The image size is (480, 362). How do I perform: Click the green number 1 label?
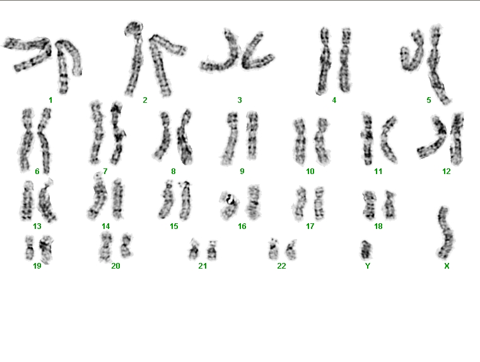[x=50, y=100]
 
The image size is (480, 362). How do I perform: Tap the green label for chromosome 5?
[x=428, y=100]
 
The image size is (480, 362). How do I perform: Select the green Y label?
[x=368, y=266]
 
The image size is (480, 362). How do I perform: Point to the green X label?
[x=447, y=266]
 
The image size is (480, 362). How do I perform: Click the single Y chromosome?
[x=366, y=249]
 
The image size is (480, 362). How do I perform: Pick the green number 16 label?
[x=242, y=226]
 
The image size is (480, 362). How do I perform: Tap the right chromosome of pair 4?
[x=345, y=60]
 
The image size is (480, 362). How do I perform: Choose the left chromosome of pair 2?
[x=134, y=58]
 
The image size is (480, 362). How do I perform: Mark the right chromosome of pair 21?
[x=212, y=250]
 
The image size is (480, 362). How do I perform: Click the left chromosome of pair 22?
[x=273, y=248]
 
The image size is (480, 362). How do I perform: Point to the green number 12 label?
[x=447, y=172]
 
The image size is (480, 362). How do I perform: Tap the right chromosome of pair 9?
[x=252, y=136]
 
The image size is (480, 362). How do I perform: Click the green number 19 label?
[x=37, y=266]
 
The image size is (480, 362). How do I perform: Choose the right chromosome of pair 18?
[x=389, y=204]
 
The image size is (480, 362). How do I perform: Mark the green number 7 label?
[x=105, y=172]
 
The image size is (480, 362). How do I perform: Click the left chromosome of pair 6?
[x=26, y=139]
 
